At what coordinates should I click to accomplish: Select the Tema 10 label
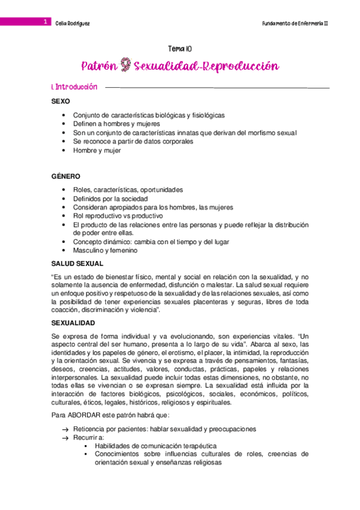click(x=180, y=49)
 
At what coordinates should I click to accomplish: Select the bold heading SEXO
click(x=62, y=102)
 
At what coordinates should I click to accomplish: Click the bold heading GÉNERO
click(x=66, y=176)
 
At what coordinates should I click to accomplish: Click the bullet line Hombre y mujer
click(x=97, y=150)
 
